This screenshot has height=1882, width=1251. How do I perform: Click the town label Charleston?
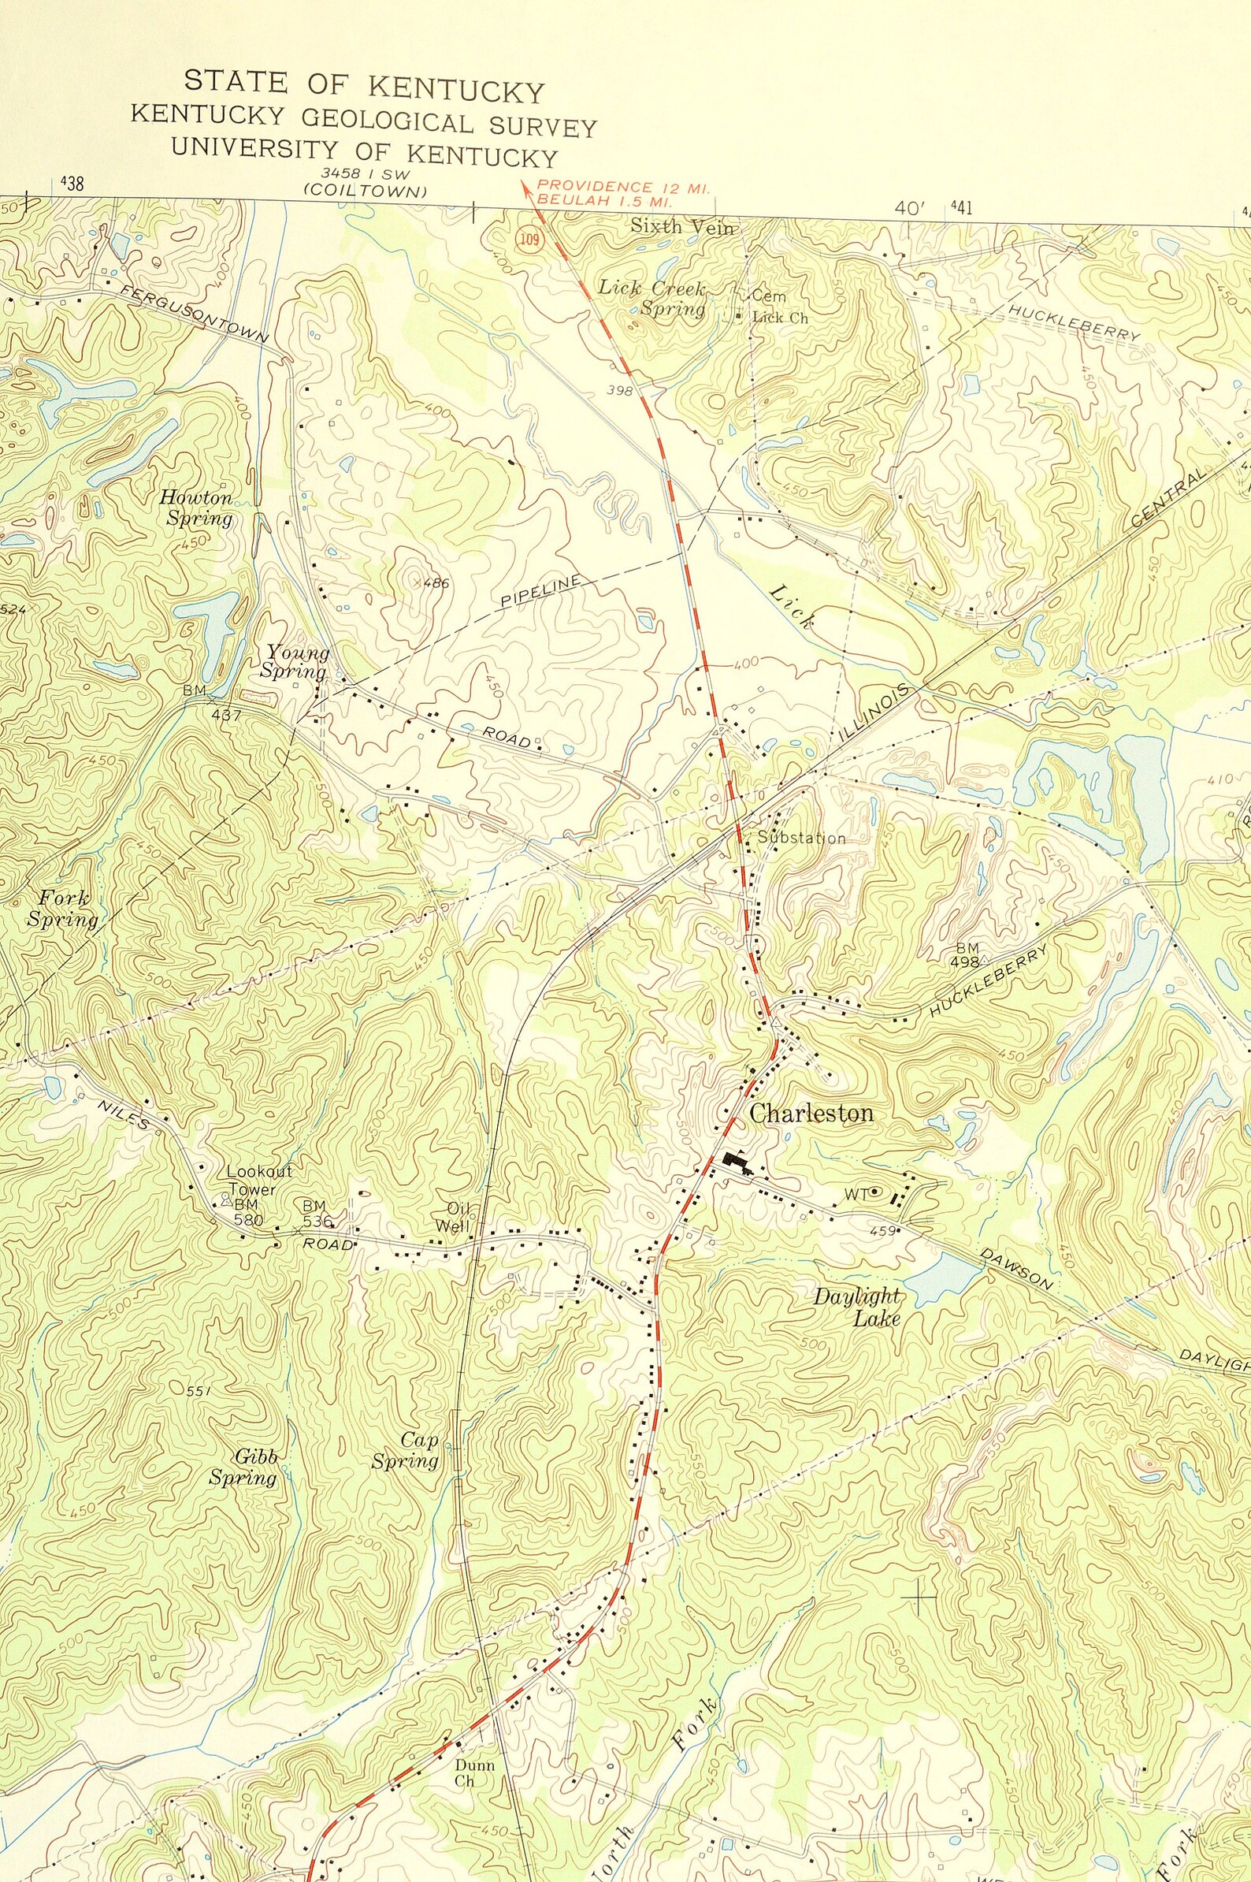point(811,1114)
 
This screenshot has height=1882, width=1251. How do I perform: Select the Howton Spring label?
point(196,508)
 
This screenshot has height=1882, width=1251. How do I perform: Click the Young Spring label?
point(296,662)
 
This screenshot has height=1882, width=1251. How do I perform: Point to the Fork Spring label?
point(61,909)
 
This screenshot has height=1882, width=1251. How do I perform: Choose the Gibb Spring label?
point(244,1467)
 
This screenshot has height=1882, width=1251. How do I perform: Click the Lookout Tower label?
point(259,1180)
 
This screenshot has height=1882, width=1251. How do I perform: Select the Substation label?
point(801,838)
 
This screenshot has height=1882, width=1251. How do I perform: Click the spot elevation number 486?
point(436,583)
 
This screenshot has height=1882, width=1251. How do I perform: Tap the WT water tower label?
point(856,1194)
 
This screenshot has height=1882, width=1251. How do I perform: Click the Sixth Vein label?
point(681,226)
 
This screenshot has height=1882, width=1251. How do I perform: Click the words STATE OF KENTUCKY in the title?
point(364,86)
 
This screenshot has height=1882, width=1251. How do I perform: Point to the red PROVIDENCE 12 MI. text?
point(622,187)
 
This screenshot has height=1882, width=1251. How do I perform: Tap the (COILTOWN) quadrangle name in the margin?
point(366,192)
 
